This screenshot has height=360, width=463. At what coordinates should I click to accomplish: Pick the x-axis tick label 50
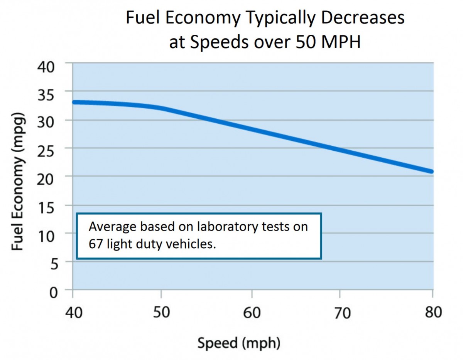pos(161,312)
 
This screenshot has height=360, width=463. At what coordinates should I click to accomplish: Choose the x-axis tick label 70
pos(341,313)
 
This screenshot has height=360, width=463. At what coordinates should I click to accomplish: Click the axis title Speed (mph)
pos(239,343)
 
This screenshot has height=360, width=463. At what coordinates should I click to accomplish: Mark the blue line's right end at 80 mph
pos(431,171)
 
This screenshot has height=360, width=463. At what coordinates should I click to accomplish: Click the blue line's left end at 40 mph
pos(74,102)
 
